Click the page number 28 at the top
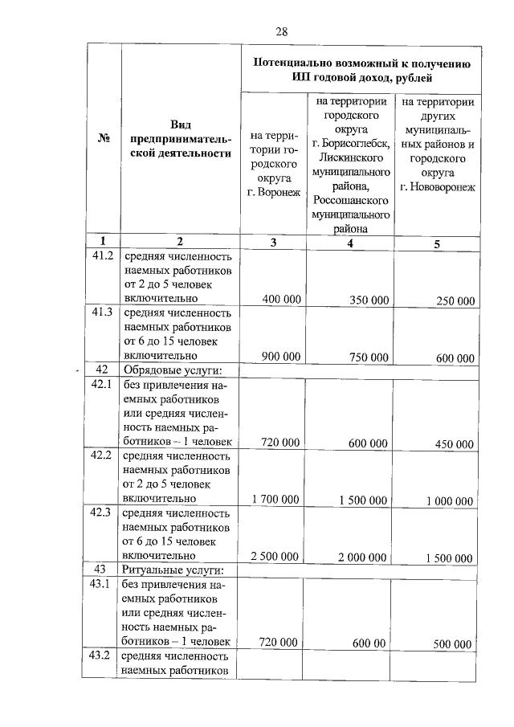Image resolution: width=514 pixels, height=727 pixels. (281, 31)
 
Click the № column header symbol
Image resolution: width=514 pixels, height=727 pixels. (103, 137)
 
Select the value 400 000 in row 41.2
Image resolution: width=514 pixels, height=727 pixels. (281, 299)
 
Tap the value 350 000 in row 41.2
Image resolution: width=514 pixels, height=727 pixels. (369, 300)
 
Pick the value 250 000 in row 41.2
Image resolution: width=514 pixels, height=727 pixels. (455, 300)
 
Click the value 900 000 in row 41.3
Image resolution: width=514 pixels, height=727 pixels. (281, 357)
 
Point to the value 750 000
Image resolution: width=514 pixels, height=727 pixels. (369, 357)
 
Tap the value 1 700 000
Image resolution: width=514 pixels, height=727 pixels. (275, 500)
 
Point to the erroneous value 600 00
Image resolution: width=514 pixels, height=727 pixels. (369, 643)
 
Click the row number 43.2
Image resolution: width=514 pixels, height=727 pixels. (102, 656)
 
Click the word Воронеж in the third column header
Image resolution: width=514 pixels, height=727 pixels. (274, 193)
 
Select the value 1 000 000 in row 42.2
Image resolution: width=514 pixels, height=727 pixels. (450, 500)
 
